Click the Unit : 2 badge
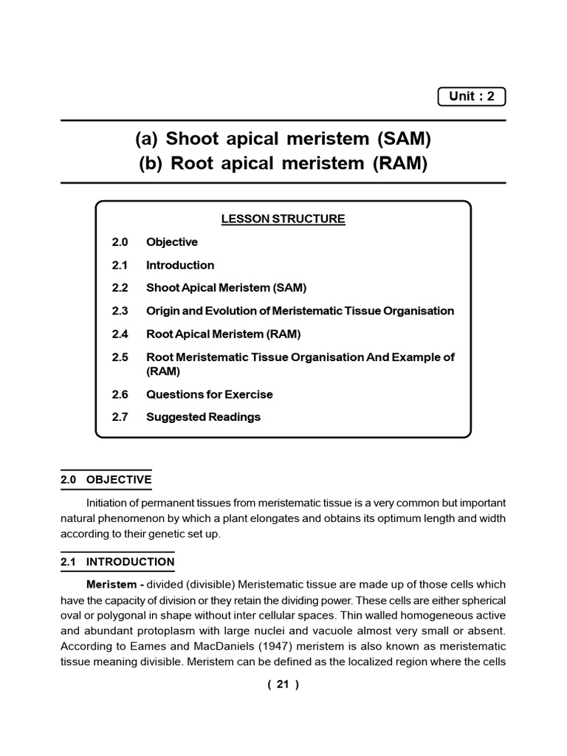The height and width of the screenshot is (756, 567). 471,97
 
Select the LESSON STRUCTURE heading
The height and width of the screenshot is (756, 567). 283,219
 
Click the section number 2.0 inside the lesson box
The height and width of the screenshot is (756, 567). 120,242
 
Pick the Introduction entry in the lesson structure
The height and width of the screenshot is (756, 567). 180,265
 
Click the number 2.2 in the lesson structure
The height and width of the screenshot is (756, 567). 120,288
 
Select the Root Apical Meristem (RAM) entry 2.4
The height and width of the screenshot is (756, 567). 223,334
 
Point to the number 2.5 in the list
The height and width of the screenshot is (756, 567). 120,357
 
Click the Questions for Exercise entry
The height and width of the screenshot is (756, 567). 209,394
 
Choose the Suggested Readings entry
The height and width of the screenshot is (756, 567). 203,417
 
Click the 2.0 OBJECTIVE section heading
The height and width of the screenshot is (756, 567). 106,480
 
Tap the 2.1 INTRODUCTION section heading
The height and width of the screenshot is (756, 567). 117,562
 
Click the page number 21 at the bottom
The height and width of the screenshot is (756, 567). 283,684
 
